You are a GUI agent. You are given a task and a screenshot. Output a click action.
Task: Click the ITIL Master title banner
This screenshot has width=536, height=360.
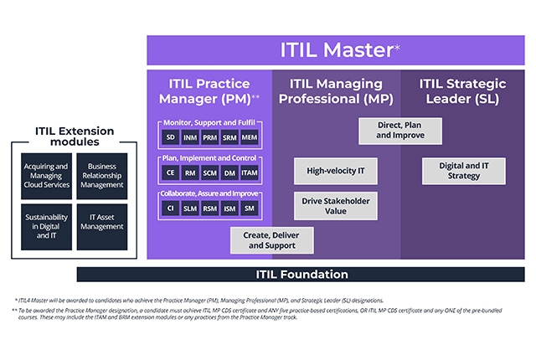point(336,50)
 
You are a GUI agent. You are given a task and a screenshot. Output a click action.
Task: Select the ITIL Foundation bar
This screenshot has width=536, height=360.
point(301,275)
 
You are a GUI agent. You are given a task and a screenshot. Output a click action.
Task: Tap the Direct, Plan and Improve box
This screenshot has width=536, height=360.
point(388,130)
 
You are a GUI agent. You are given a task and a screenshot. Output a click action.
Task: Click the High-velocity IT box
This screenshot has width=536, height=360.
point(335,171)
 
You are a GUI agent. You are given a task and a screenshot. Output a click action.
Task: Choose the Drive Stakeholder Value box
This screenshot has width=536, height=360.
point(335,205)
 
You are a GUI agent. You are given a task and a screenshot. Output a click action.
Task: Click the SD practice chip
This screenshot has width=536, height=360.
point(170,136)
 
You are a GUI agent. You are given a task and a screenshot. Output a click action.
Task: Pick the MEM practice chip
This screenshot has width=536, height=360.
point(250,136)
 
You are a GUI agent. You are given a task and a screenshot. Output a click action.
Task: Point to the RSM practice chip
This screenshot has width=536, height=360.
point(209,208)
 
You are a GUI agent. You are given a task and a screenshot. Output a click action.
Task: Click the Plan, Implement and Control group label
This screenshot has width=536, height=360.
point(209,157)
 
